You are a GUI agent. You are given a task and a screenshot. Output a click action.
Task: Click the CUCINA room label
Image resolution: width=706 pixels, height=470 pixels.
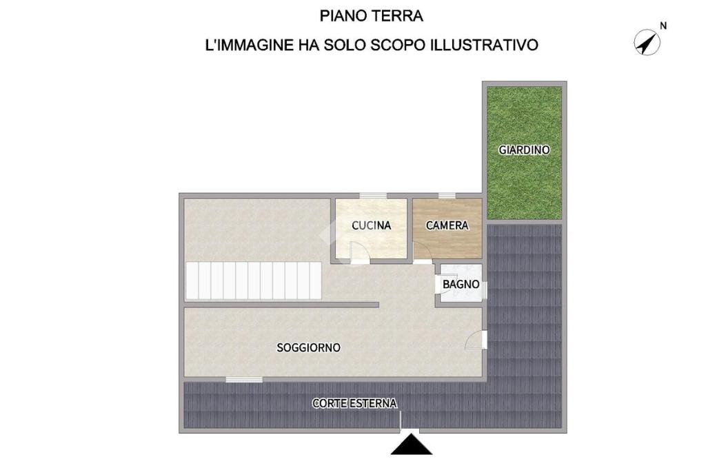coord(372,225)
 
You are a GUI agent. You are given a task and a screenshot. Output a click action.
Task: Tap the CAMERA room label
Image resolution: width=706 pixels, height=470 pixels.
coord(447,225)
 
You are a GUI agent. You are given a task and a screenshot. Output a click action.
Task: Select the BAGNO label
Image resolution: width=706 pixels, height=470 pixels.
coord(461,285)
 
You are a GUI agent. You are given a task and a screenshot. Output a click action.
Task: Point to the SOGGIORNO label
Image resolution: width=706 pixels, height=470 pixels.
coord(308,347)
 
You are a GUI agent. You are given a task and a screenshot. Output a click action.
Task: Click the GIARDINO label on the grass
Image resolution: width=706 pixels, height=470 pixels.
coord(524,150)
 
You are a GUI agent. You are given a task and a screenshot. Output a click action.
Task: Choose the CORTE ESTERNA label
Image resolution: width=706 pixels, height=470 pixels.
coord(354,403)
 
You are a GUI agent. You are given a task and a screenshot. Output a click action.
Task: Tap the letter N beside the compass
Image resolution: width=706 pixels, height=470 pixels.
coord(663,26)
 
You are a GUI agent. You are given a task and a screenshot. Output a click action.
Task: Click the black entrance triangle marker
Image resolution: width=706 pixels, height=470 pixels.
coord(412,445)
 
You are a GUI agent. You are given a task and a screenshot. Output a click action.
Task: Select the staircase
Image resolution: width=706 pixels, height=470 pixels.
coord(254,281)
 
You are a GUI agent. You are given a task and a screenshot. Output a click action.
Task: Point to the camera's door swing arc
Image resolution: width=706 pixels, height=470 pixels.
coord(423,252)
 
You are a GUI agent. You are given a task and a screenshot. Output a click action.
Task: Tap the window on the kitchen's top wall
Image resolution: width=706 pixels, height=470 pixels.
coord(373,196)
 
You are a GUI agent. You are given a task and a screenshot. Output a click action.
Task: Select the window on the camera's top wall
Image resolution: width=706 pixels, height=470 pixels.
coord(447,196)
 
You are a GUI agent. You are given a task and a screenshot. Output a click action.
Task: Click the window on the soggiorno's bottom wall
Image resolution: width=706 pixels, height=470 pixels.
coord(244,380)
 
